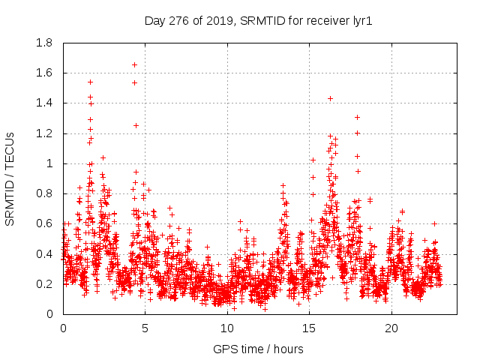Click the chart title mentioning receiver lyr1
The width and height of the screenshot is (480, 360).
(259, 21)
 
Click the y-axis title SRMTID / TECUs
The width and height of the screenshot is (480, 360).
(10, 178)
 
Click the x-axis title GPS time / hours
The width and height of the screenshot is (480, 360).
(259, 349)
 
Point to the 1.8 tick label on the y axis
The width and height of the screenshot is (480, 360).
(44, 43)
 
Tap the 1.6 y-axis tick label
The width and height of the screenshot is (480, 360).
(44, 73)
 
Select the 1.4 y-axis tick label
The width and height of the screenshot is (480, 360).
(44, 103)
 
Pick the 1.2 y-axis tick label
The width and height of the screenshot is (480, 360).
(44, 133)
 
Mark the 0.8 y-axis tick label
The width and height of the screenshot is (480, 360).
(44, 193)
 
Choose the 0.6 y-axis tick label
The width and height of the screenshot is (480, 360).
(44, 223)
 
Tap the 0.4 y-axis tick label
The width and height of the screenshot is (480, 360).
(44, 253)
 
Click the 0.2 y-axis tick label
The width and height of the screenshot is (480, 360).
(44, 284)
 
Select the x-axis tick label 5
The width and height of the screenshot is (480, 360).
(145, 328)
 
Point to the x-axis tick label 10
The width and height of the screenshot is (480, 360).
(227, 328)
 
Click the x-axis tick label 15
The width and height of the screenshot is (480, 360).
(310, 328)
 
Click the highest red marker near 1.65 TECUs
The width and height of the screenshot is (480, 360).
(134, 64)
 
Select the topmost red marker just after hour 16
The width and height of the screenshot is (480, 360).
(330, 98)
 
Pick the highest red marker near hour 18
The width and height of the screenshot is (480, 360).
(358, 117)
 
